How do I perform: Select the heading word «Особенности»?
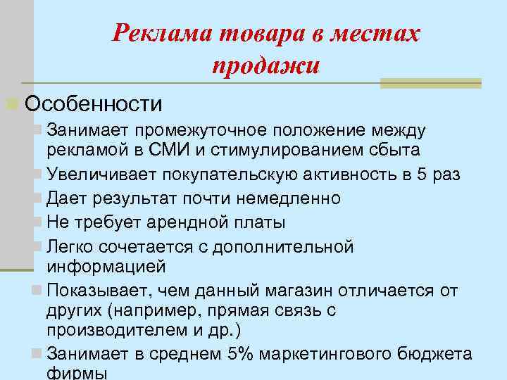94,104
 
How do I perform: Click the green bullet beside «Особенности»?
11,104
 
